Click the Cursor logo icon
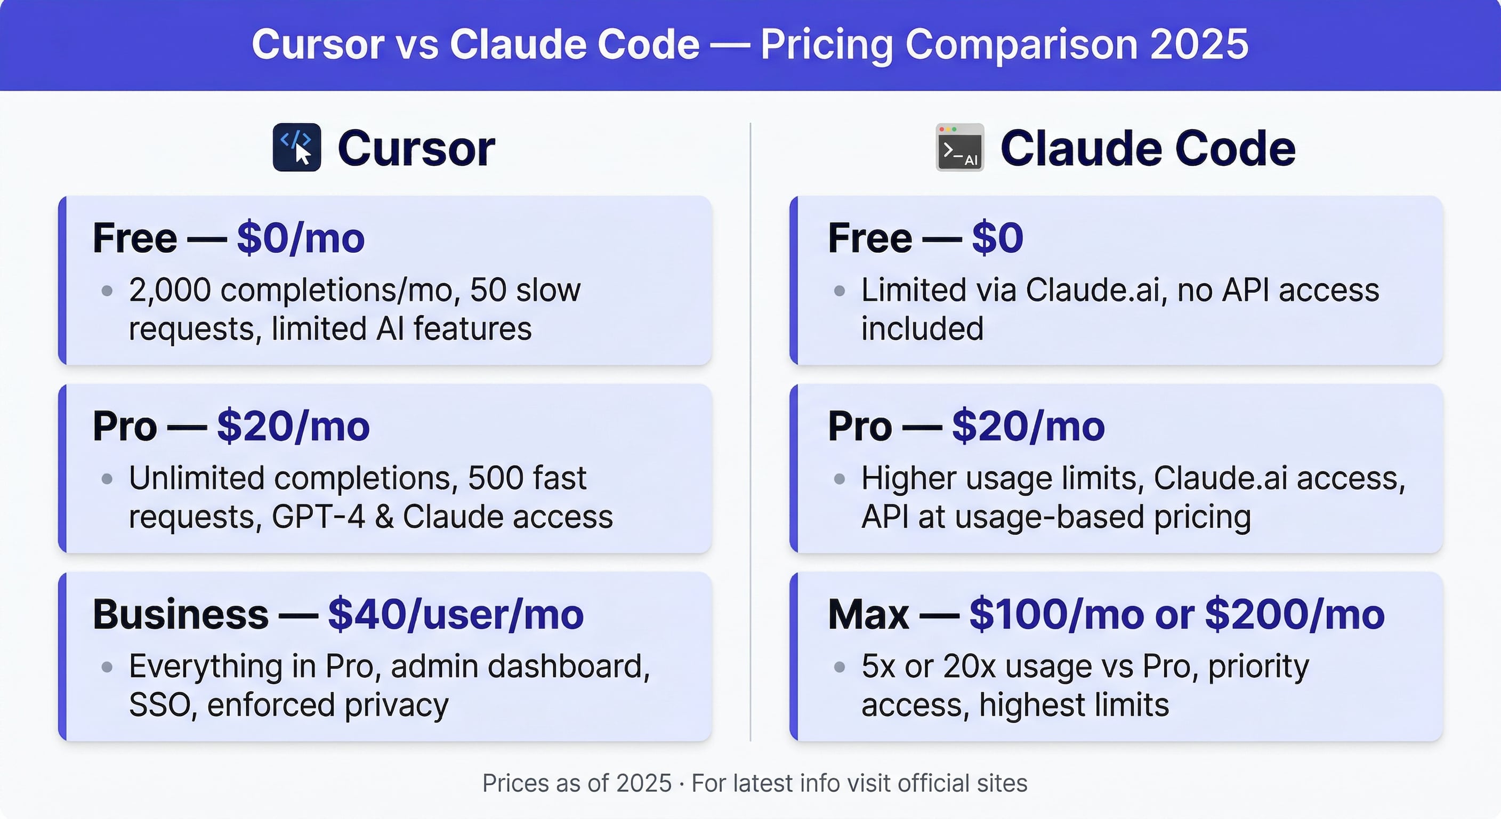296,148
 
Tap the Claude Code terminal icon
959,148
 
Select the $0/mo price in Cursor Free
301,238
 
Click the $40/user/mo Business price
456,614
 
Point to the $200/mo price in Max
1294,614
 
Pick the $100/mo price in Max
1056,614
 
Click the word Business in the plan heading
181,614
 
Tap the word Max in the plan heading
868,614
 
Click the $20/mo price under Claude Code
1028,426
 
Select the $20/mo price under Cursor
293,426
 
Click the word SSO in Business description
159,705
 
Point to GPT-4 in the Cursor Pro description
318,517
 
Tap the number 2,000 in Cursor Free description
170,290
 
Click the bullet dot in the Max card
839,667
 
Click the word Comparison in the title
1021,44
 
